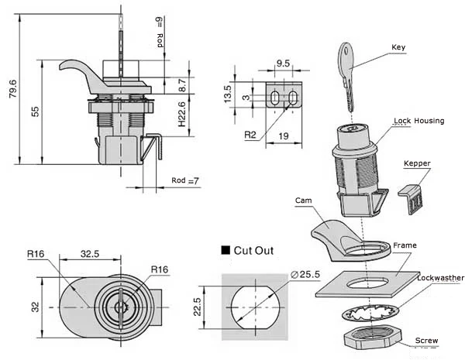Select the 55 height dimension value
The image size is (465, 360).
click(36, 111)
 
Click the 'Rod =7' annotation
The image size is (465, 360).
click(185, 181)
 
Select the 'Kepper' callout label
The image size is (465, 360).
click(416, 163)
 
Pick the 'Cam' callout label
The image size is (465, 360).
click(303, 199)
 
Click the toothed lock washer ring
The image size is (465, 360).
click(370, 312)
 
